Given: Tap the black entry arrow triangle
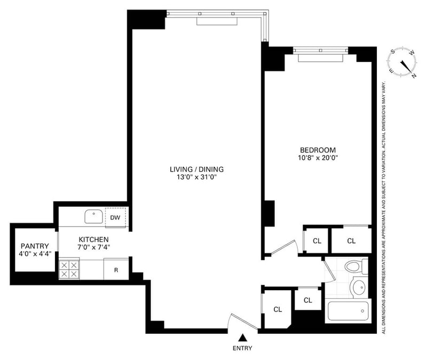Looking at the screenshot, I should [x=242, y=338].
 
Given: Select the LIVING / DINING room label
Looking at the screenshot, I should [x=193, y=170].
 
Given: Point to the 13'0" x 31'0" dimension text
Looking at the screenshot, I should [x=193, y=178].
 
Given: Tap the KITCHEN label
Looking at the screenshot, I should [x=94, y=239].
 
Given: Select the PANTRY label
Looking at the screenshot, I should [x=35, y=246].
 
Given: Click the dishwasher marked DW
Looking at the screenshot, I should [x=115, y=217].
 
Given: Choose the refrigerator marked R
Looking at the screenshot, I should [x=116, y=270].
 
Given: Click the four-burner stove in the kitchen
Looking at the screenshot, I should [x=69, y=269].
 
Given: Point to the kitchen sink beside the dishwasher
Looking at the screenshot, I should [x=94, y=217].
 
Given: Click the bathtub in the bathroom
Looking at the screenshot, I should [x=347, y=311].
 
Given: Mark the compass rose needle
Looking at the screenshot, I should [x=408, y=65].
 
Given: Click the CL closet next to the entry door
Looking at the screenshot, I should [x=278, y=309].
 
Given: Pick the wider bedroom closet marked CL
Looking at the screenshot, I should [x=351, y=241].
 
